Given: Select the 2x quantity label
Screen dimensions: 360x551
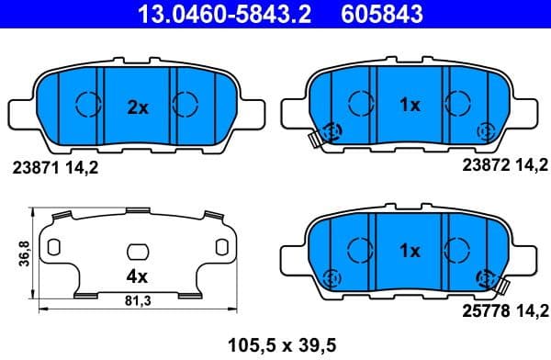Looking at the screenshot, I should point(137,107).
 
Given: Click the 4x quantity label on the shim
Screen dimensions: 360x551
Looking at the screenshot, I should point(136,275).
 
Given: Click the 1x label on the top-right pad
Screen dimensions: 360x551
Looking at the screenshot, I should point(410,106).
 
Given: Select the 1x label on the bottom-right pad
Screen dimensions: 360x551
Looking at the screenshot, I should point(410,250).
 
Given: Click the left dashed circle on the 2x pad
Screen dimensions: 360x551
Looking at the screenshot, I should point(87,105).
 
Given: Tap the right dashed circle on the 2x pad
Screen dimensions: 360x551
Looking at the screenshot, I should point(186,105).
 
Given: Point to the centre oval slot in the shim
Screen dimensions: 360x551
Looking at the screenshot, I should point(137,251).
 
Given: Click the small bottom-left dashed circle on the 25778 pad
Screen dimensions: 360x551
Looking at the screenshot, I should point(333,276).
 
